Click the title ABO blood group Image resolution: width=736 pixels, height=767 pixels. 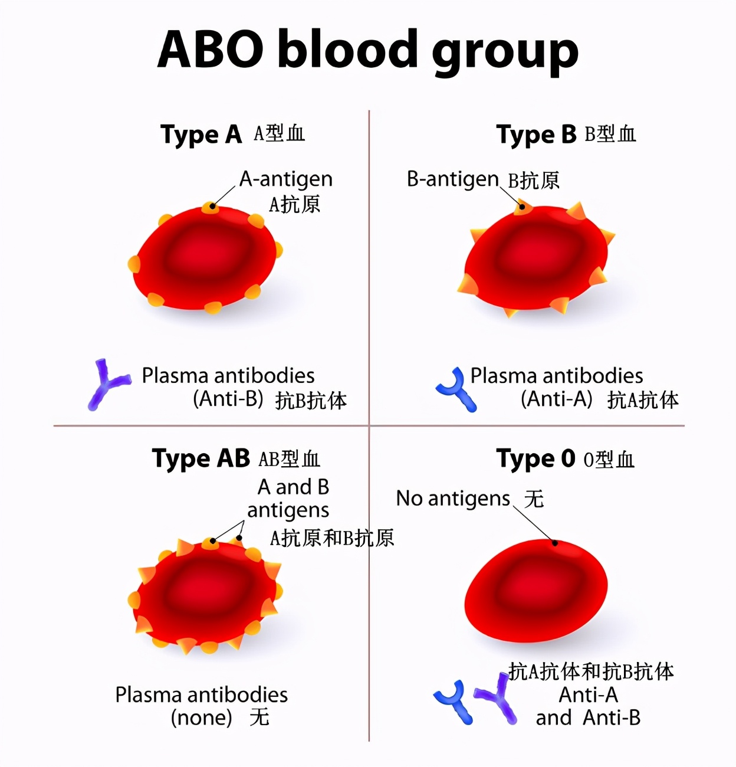pyautogui.click(x=367, y=50)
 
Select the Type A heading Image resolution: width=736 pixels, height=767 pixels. pyautogui.click(x=201, y=135)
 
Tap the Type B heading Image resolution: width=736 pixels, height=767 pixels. pyautogui.click(x=536, y=135)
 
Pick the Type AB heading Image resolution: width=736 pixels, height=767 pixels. pyautogui.click(x=201, y=458)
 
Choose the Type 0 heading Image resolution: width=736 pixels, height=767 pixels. pyautogui.click(x=535, y=458)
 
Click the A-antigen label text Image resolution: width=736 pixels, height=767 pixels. pyautogui.click(x=286, y=179)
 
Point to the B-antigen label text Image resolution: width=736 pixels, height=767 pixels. pyautogui.click(x=452, y=179)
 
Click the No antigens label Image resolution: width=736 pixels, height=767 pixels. pyautogui.click(x=452, y=499)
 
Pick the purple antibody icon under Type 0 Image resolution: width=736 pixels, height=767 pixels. pyautogui.click(x=497, y=699)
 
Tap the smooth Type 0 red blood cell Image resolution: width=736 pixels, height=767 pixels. pyautogui.click(x=535, y=590)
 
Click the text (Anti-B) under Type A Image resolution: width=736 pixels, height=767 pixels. pyautogui.click(x=228, y=399)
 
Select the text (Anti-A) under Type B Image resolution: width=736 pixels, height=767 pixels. pyautogui.click(x=556, y=399)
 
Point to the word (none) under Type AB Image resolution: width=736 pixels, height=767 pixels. pyautogui.click(x=201, y=718)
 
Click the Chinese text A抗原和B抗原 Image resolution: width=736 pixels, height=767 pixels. pyautogui.click(x=331, y=538)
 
